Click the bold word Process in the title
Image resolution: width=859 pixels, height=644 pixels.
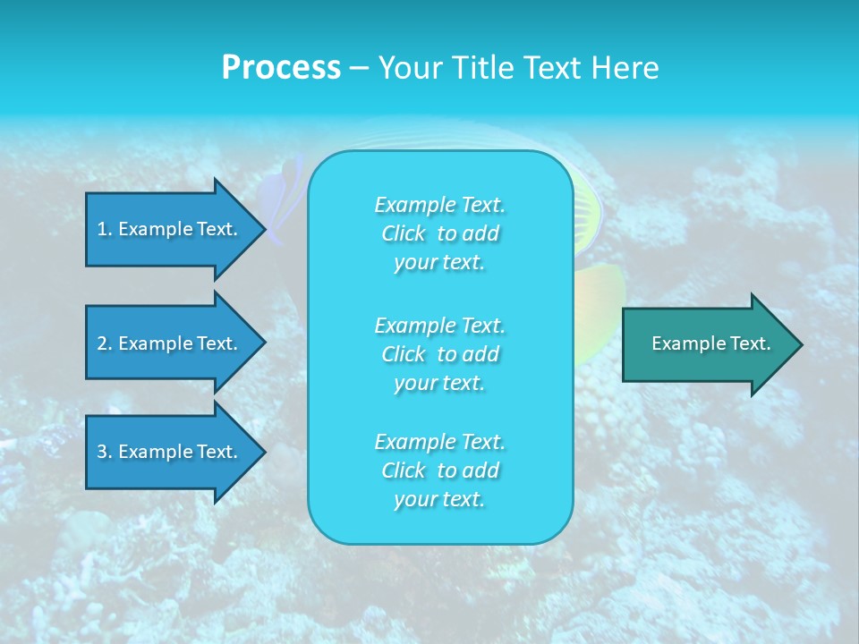pyautogui.click(x=281, y=68)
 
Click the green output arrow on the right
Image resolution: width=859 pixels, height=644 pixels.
pyautogui.click(x=707, y=343)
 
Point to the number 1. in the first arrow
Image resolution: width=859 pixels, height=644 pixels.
pyautogui.click(x=104, y=229)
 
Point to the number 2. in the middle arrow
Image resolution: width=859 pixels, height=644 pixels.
pyautogui.click(x=104, y=343)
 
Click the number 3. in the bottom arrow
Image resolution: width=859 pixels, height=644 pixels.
pyautogui.click(x=104, y=452)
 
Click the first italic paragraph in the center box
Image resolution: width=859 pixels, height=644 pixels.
pyautogui.click(x=439, y=233)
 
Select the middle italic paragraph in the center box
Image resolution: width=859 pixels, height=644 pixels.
pyautogui.click(x=439, y=353)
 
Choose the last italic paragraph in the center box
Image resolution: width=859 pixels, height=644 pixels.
pyautogui.click(x=439, y=470)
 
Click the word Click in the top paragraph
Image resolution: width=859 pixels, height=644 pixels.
pyautogui.click(x=404, y=233)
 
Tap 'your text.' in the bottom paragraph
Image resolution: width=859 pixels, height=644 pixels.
pyautogui.click(x=439, y=500)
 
